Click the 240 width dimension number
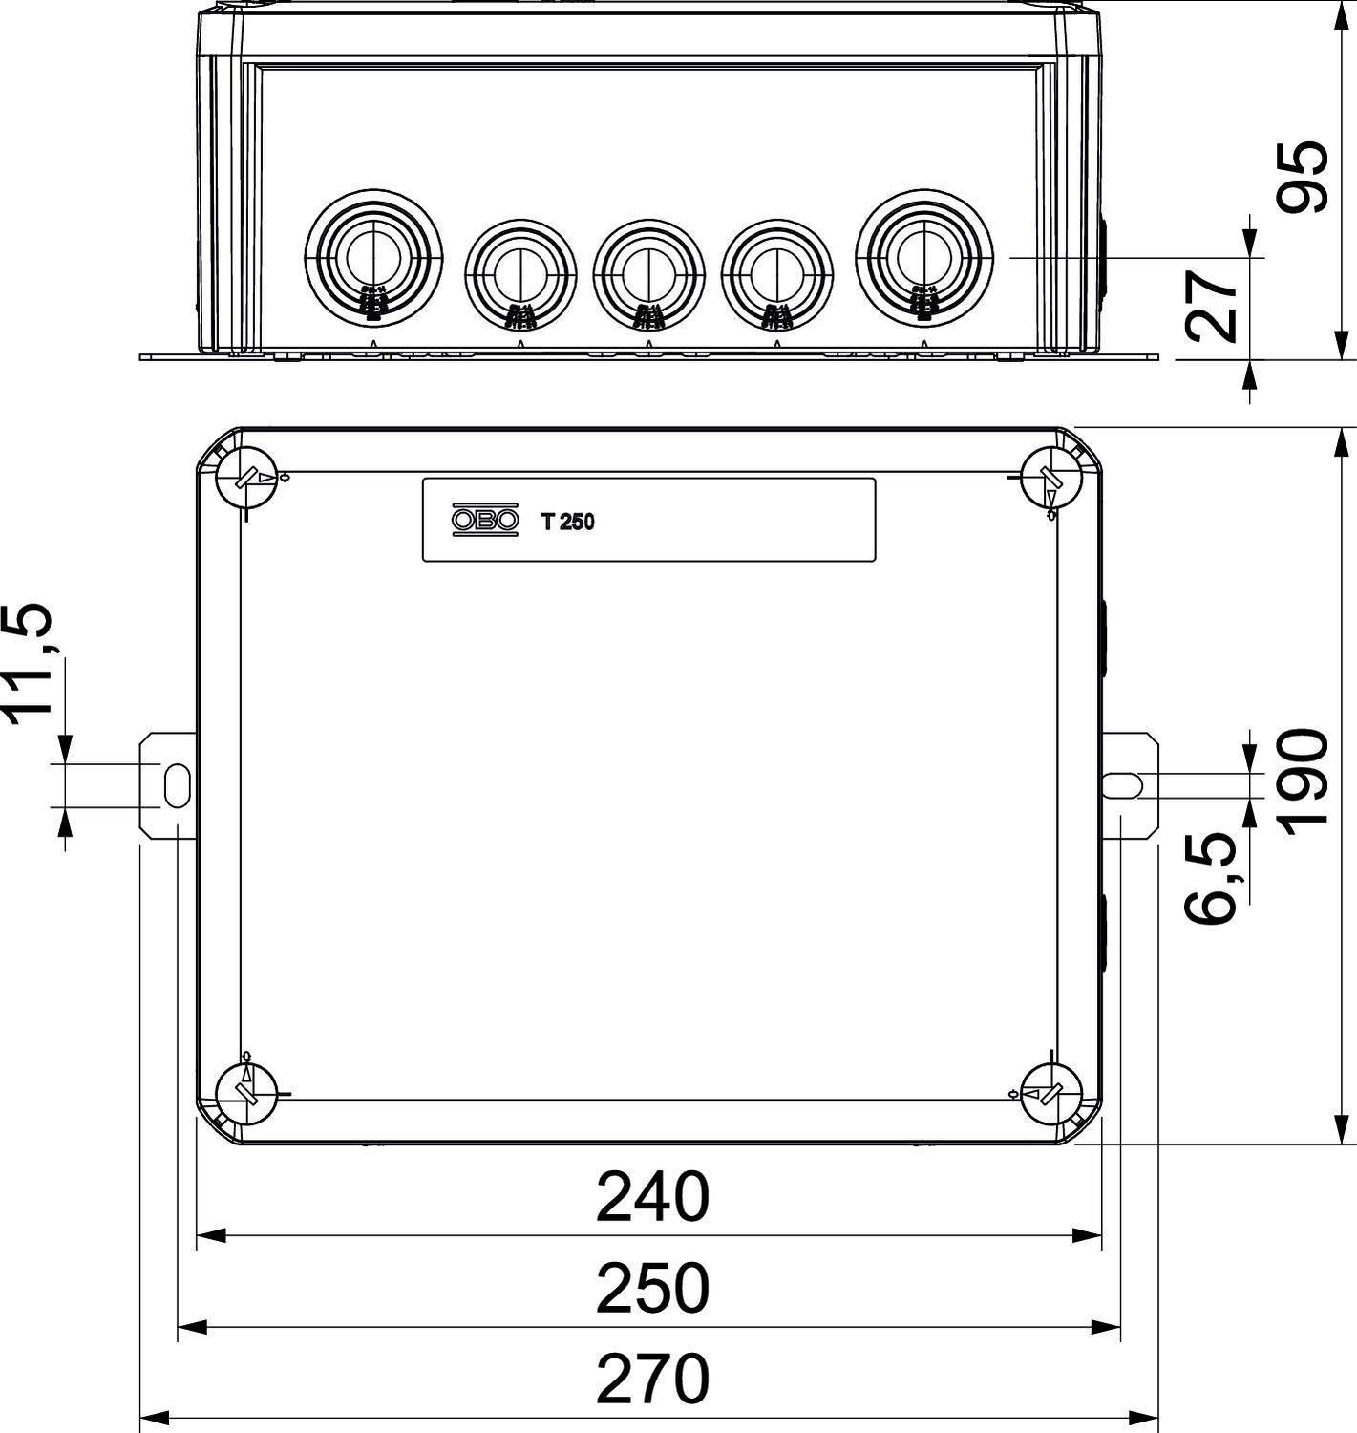[652, 1197]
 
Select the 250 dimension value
[652, 1289]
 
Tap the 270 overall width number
[652, 1379]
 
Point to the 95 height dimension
[1304, 177]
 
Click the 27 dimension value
[1210, 306]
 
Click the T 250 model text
[567, 522]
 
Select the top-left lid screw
[246, 477]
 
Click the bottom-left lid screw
[246, 1095]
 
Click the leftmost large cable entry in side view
[373, 256]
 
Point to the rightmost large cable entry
[923, 256]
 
